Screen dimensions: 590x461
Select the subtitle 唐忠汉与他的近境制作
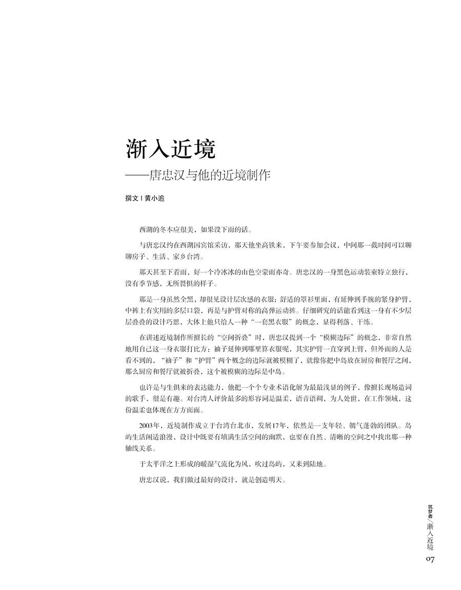[x=208, y=174]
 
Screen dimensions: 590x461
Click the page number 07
[x=430, y=559]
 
